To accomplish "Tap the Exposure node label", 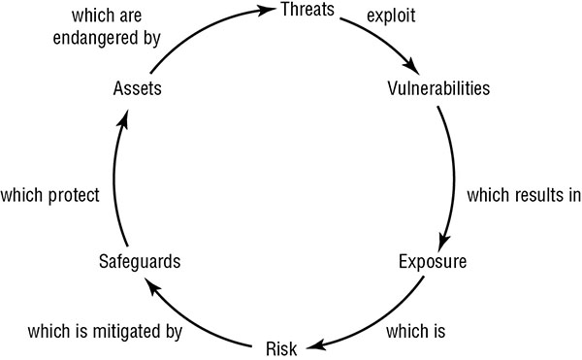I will coord(433,261).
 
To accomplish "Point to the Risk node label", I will coord(281,346).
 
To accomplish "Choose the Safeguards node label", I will coord(140,261).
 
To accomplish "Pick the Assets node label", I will coord(136,89).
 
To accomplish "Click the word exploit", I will coord(392,17).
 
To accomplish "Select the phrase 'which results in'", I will coord(524,194).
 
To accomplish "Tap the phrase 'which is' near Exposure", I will coord(415,332).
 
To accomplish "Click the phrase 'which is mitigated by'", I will coord(106,332).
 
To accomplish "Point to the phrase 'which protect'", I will coord(50,194).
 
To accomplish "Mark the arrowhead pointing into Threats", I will coord(266,11).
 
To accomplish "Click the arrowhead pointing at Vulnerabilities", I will coord(414,69).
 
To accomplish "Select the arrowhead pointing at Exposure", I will coord(443,245).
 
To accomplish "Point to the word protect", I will coord(74,194).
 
